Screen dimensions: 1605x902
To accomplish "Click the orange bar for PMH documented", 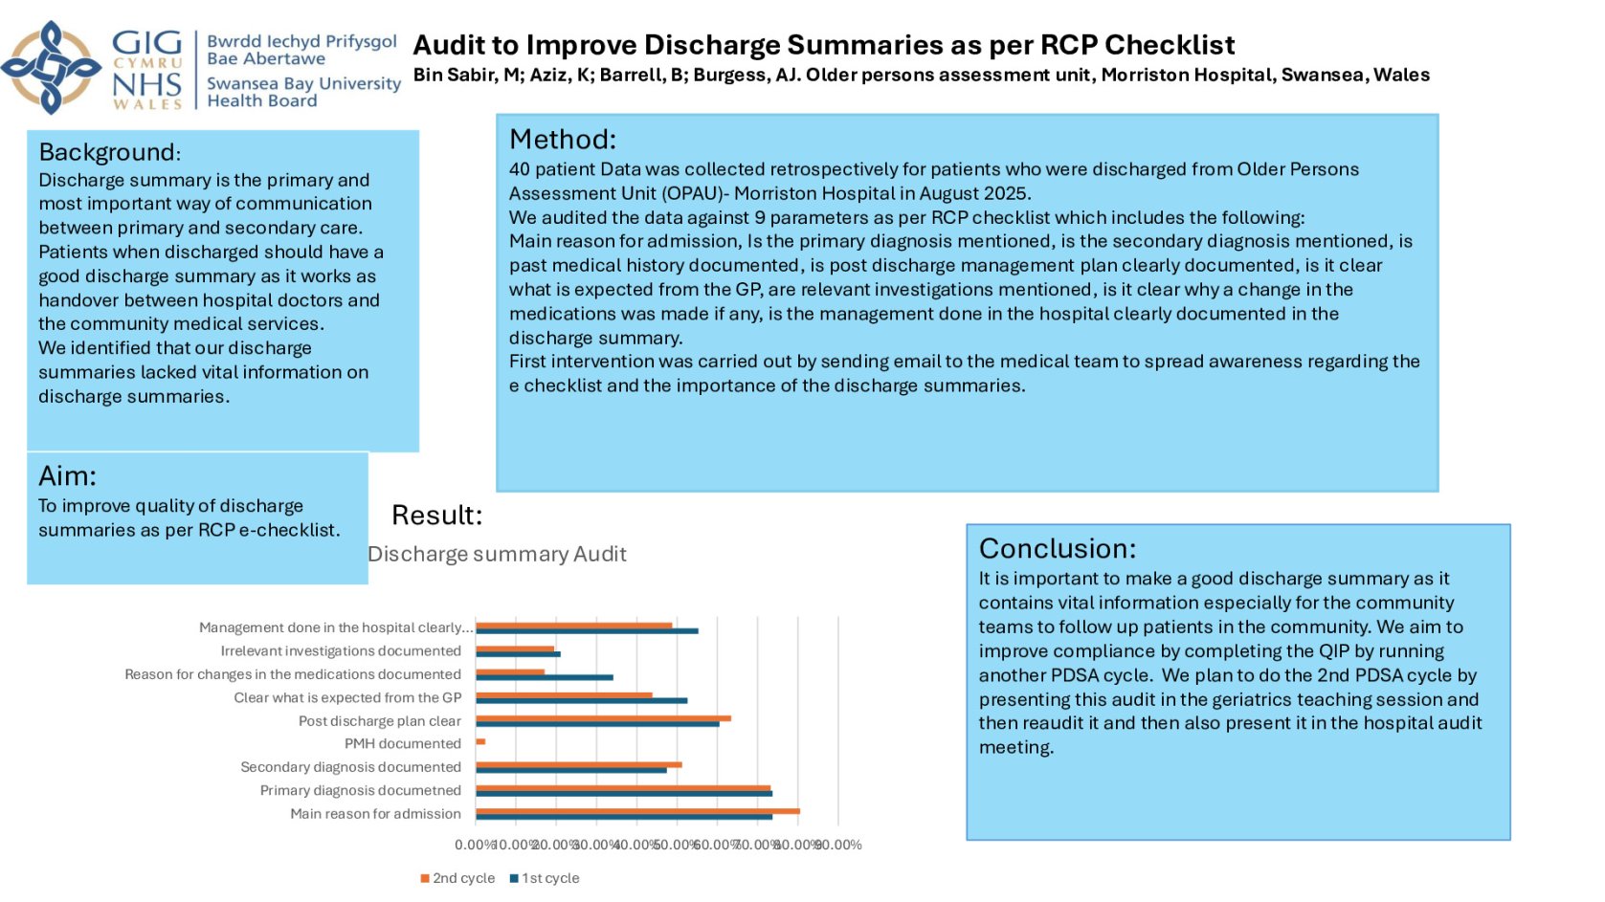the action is point(480,741).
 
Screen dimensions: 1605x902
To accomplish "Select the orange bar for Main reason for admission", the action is point(637,811).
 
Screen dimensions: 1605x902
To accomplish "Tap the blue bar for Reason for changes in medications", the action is point(545,677).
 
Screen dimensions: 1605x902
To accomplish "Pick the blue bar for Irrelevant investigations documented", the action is point(518,654).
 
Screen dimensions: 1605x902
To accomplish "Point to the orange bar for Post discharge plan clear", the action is point(603,717).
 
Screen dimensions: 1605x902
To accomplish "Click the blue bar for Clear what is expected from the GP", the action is point(581,701).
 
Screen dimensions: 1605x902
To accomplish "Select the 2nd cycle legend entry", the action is point(457,878).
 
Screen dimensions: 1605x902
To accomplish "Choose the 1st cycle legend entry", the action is point(545,878).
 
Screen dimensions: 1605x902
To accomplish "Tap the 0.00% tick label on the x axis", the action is point(475,845).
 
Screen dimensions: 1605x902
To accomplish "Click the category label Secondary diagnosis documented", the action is point(350,767).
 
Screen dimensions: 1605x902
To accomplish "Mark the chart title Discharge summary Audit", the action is point(497,554).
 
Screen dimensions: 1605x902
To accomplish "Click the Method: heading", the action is point(563,140).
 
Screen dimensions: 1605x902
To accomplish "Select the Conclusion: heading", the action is point(1058,548).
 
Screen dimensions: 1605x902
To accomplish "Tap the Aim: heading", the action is point(67,475).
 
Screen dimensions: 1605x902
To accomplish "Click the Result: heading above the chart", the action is point(436,516).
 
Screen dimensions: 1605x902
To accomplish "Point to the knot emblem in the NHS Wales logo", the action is point(51,68).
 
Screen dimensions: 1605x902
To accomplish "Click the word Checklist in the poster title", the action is point(1170,45).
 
